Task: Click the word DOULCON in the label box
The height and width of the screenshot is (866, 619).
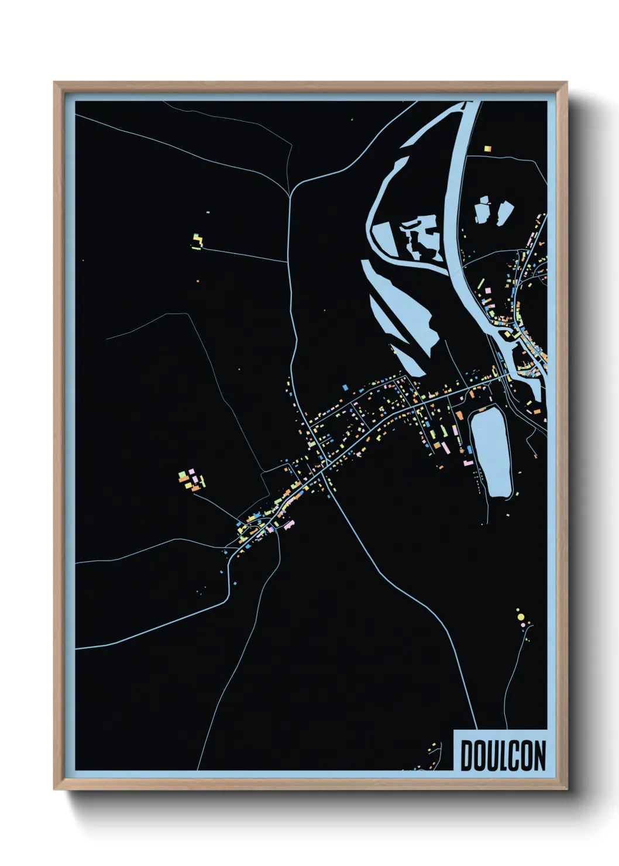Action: point(503,755)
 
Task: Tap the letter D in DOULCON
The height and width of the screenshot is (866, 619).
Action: point(467,755)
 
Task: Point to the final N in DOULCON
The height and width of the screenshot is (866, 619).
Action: point(539,755)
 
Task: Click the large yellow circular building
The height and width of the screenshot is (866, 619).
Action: point(519,617)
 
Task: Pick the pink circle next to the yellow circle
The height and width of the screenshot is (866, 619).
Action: point(522,625)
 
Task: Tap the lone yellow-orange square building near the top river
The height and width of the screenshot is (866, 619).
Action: point(487,149)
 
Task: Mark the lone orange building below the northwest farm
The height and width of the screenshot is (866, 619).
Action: point(197,281)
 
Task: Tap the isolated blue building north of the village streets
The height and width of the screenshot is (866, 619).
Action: point(345,387)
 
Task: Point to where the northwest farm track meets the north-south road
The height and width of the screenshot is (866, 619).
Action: point(290,261)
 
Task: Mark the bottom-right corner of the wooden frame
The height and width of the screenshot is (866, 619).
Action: point(567,789)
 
